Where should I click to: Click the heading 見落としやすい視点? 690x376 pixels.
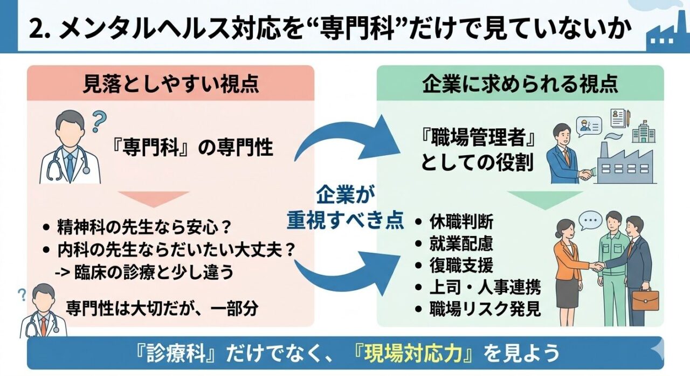click(170, 83)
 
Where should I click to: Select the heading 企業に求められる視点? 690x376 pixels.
click(519, 83)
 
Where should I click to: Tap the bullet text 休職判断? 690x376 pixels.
click(461, 221)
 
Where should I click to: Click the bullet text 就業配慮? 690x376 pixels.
click(461, 243)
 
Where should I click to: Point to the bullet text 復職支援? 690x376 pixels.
click(461, 266)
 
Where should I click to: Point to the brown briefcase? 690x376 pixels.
click(645, 300)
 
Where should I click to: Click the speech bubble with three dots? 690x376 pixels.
click(590, 220)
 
